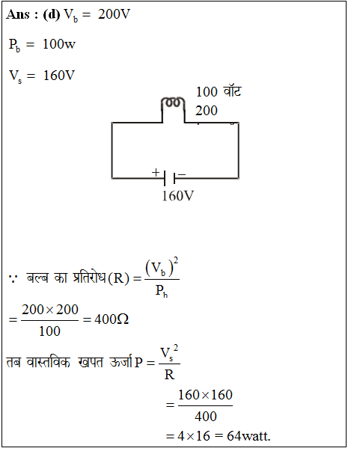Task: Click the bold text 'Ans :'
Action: click(22, 14)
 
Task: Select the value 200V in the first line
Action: click(115, 14)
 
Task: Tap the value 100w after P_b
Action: click(59, 44)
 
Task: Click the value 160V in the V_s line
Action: click(59, 76)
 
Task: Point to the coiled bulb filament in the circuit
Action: click(173, 102)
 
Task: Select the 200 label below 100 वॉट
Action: click(207, 111)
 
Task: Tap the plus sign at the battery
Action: click(156, 172)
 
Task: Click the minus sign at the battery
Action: click(182, 174)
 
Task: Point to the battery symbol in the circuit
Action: click(169, 179)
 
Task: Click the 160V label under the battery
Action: click(178, 196)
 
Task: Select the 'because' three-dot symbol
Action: click(13, 279)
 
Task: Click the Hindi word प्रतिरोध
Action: click(89, 278)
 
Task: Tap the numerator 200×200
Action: click(50, 310)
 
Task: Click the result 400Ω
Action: click(112, 319)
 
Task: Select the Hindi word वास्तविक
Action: click(48, 362)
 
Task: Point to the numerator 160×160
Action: click(205, 395)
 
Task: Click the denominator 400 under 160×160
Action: click(206, 417)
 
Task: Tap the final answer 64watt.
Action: click(248, 436)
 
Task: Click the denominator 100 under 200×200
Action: click(49, 331)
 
